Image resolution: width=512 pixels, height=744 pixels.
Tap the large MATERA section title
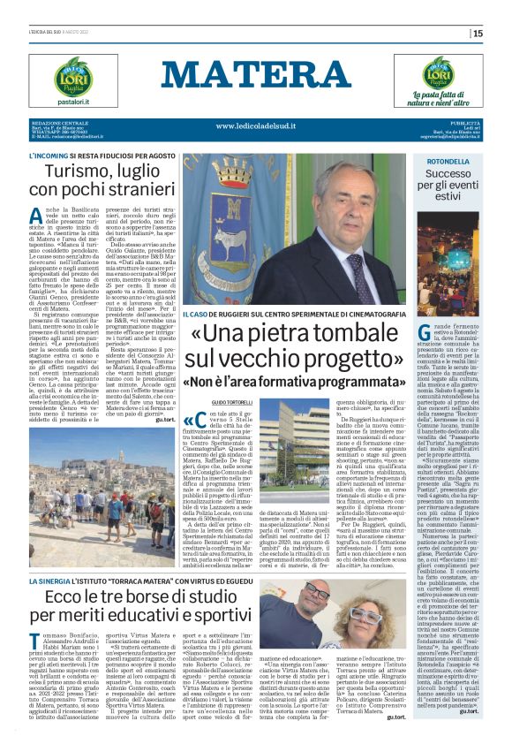[x=255, y=74]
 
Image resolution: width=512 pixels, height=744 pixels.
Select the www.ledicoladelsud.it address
[x=255, y=127]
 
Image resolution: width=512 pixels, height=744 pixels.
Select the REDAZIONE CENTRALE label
[x=61, y=122]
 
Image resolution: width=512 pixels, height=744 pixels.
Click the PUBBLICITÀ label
[x=463, y=122]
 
